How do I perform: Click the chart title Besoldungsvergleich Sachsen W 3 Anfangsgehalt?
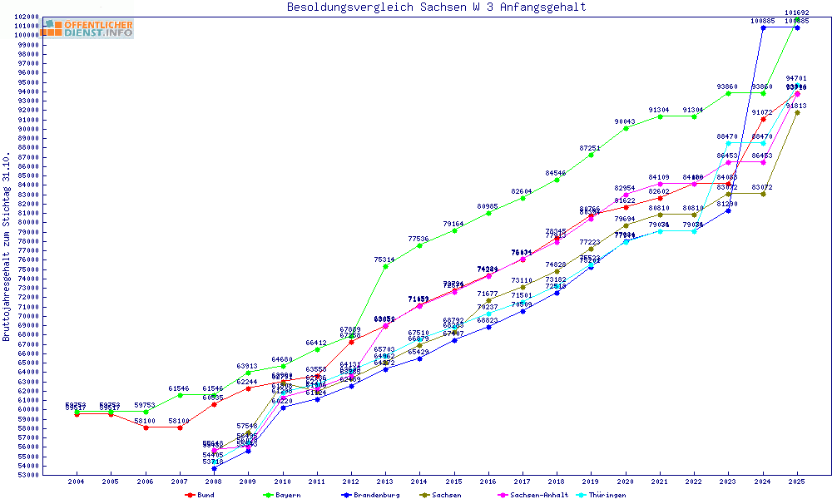[x=436, y=7]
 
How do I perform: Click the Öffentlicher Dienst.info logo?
[x=88, y=29]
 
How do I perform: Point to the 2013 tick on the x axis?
[x=385, y=482]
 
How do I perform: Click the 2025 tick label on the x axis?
[x=797, y=482]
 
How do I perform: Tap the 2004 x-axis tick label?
[x=77, y=482]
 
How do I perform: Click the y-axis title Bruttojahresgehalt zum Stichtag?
[x=7, y=247]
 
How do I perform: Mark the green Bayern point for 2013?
[x=385, y=266]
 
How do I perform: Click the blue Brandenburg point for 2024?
[x=763, y=27]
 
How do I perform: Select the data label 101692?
[x=797, y=12]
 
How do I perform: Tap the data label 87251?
[x=591, y=148]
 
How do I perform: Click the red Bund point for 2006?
[x=146, y=427]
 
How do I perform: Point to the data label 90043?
[x=625, y=121]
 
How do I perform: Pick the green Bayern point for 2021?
[x=660, y=116]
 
